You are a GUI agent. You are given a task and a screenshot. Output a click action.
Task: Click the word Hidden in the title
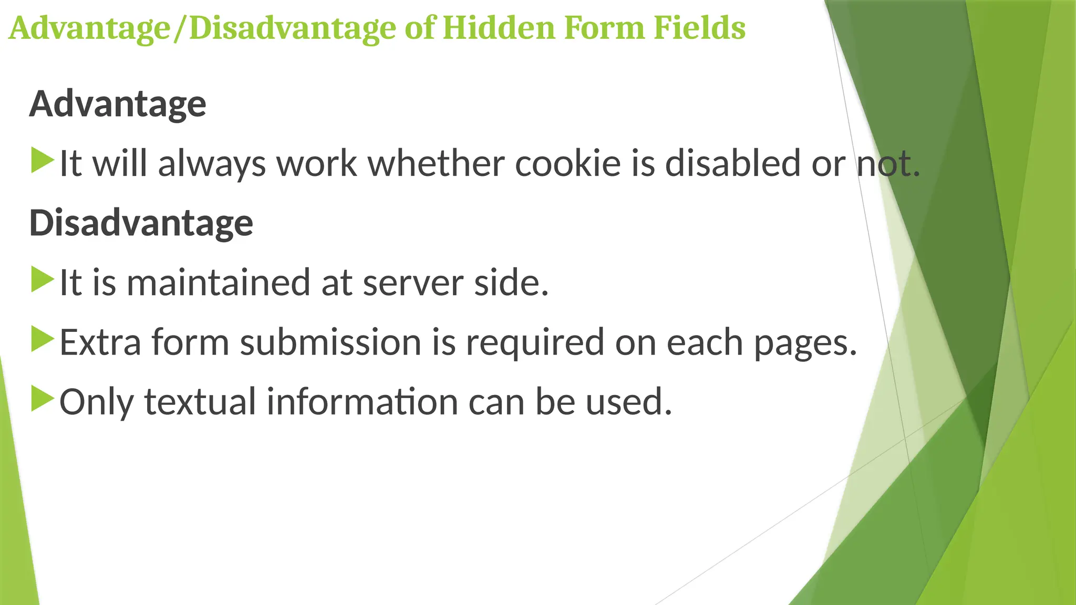tap(499, 28)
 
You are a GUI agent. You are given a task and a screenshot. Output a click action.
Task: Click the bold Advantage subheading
tap(118, 104)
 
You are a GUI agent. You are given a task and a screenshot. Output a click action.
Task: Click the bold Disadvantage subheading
tap(141, 223)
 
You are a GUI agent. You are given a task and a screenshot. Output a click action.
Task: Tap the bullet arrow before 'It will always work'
tap(43, 161)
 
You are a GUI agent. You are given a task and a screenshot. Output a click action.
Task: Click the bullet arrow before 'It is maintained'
tap(43, 280)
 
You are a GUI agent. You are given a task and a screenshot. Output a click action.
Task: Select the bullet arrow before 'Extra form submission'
tap(43, 340)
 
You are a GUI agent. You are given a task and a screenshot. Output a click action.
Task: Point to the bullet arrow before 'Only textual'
tap(43, 399)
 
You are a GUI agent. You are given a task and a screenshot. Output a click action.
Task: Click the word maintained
tap(219, 283)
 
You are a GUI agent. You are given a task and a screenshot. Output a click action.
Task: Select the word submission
tap(330, 342)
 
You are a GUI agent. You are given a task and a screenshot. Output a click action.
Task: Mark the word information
tap(362, 402)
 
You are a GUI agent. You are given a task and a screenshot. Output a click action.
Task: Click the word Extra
tap(100, 342)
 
